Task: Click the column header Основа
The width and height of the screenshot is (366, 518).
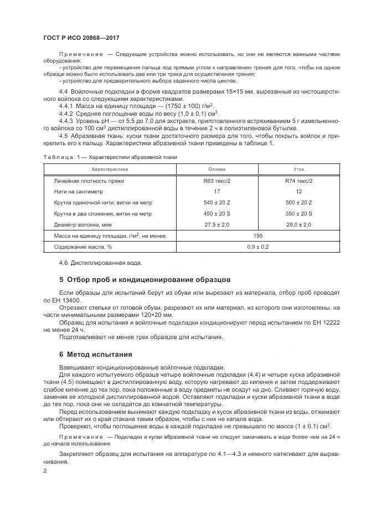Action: click(x=216, y=169)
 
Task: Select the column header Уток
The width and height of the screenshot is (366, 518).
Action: click(x=299, y=169)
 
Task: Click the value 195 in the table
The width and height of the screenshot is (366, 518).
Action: click(x=258, y=236)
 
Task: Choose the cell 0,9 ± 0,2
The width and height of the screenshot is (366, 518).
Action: click(x=258, y=247)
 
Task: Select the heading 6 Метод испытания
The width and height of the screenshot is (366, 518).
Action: click(x=95, y=354)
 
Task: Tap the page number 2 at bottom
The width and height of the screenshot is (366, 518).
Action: click(x=45, y=470)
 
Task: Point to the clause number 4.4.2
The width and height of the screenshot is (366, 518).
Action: click(x=65, y=112)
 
